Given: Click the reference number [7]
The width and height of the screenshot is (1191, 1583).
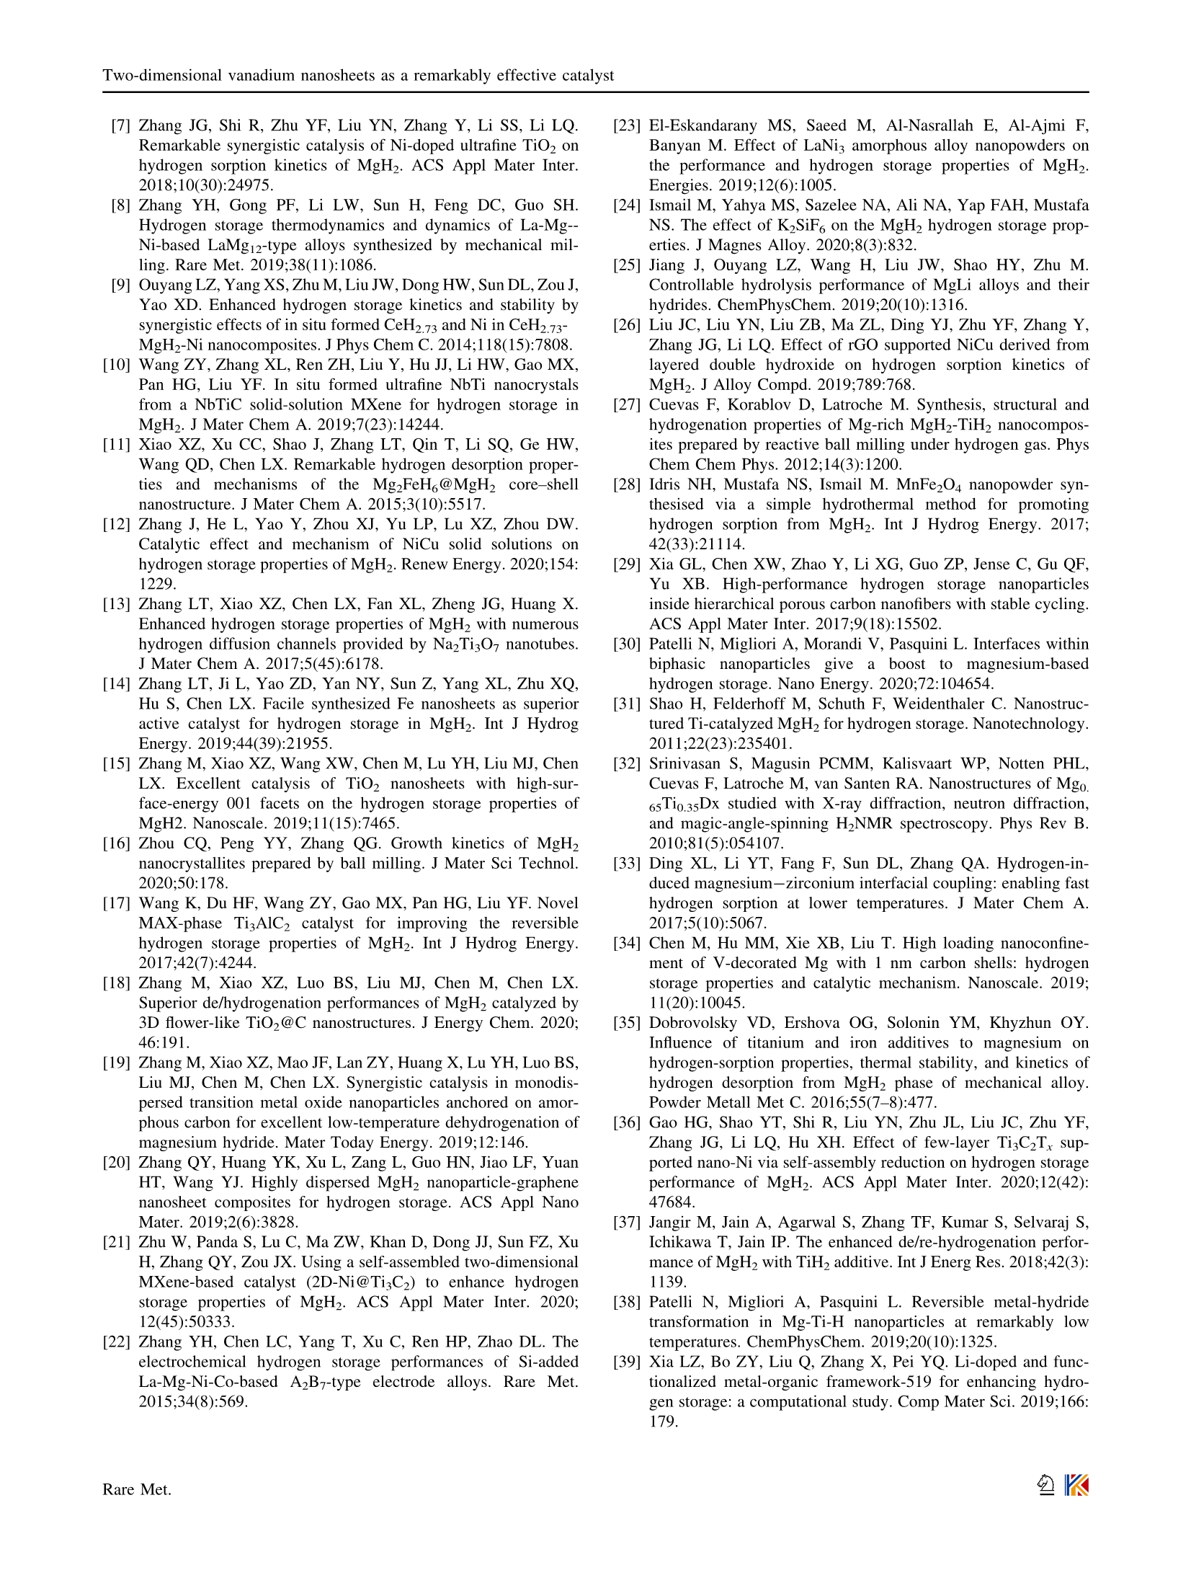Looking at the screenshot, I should pyautogui.click(x=120, y=126).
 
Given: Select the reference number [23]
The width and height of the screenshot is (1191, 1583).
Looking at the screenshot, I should pyautogui.click(x=626, y=126).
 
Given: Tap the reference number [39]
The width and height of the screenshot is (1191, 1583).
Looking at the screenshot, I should pyautogui.click(x=626, y=1362).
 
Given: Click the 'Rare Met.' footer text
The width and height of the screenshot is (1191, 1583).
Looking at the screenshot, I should pyautogui.click(x=137, y=1489).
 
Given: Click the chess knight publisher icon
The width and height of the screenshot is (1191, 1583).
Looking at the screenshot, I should pyautogui.click(x=1045, y=1485).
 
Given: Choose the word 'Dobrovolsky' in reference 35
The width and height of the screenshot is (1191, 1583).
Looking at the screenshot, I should pyautogui.click(x=692, y=1023).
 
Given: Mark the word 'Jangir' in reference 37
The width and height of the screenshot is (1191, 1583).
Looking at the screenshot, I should pyautogui.click(x=670, y=1222).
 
